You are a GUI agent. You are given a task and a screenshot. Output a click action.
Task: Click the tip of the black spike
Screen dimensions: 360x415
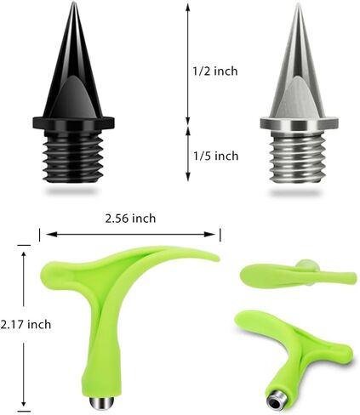pos(74,3)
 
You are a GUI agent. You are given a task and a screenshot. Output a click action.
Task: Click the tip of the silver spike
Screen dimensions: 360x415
pos(299,3)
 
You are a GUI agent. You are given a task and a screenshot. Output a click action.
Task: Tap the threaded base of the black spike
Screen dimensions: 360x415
pos(73,157)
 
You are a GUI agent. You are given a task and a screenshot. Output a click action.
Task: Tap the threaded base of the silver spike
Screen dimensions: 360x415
pos(299,157)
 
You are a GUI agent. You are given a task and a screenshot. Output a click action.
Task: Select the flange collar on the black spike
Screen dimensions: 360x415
pos(73,122)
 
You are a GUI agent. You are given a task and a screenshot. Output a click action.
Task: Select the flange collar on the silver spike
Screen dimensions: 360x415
pos(299,123)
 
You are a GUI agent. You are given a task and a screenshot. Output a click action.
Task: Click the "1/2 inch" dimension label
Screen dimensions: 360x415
pos(215,71)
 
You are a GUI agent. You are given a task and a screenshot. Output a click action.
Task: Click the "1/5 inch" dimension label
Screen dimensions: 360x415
pos(215,156)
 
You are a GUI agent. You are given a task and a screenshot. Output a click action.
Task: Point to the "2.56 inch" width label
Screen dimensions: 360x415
pos(130,219)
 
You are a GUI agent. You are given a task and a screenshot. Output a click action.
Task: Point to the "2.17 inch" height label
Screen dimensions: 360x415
pos(26,324)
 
